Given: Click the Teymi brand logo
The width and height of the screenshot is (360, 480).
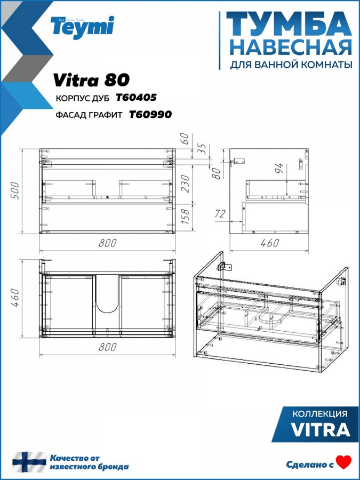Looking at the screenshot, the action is point(82,27).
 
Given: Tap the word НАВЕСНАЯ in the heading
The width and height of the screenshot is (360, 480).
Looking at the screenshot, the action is point(291,48).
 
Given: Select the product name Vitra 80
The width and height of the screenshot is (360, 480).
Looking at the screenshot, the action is point(91,80).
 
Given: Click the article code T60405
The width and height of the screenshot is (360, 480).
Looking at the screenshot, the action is point(136,98).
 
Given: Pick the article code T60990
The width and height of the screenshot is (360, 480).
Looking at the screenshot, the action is point(150,115).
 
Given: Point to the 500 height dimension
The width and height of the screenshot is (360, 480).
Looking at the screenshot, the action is point(15,190).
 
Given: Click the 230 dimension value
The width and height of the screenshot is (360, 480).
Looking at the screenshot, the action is point(186,183).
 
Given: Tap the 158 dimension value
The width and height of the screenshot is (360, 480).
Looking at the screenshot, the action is point(186,216).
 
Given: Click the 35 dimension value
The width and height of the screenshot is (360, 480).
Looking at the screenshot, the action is point(202,149).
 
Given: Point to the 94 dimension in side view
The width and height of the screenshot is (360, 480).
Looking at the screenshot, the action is point(280,169).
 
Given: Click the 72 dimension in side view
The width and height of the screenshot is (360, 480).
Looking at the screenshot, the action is point(220,214).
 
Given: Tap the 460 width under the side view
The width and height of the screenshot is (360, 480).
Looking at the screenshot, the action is point(270,243).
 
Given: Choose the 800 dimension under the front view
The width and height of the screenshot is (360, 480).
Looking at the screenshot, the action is point(108,243).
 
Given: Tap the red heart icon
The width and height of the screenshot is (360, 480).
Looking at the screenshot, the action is point(344,462).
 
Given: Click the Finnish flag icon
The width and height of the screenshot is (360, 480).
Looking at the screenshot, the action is point(29,462).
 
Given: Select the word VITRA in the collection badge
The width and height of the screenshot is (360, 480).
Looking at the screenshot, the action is point(321,430).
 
